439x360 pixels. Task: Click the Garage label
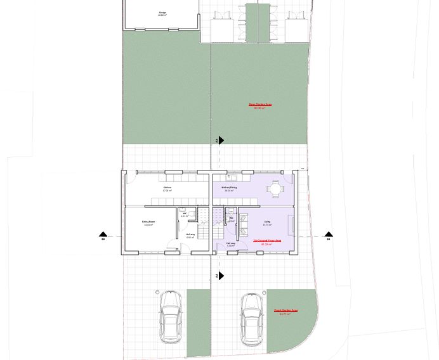pyautogui.click(x=163, y=13)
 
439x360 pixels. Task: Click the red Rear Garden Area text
pyautogui.click(x=260, y=105)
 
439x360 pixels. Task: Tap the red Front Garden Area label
pyautogui.click(x=285, y=311)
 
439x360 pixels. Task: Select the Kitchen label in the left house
pyautogui.click(x=167, y=188)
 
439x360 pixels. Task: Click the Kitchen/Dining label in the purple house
pyautogui.click(x=229, y=188)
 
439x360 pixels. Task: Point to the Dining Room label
pyautogui.click(x=149, y=222)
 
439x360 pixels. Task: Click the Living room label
pyautogui.click(x=267, y=222)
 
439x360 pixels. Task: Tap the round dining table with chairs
pyautogui.click(x=276, y=188)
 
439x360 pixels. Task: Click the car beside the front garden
pyautogui.click(x=252, y=318)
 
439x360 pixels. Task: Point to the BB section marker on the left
pyautogui.click(x=103, y=236)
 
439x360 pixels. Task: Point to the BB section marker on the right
pyautogui.click(x=328, y=236)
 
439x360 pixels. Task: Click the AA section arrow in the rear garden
pyautogui.click(x=220, y=140)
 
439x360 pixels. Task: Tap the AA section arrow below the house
pyautogui.click(x=220, y=276)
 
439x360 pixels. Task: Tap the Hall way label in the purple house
pyautogui.click(x=231, y=243)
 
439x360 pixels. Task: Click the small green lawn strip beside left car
pyautogui.click(x=198, y=323)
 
